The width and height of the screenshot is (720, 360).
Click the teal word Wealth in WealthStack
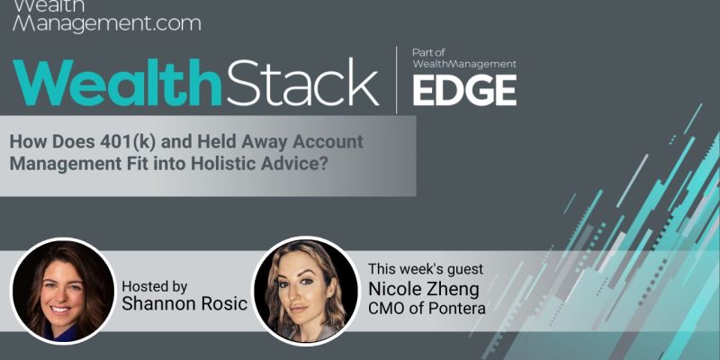tap(117, 83)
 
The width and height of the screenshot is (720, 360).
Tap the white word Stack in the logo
tap(301, 83)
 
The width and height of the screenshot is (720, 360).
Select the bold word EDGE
tap(464, 90)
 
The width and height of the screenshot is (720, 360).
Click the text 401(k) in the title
tap(124, 142)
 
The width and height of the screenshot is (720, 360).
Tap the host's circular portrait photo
tap(63, 292)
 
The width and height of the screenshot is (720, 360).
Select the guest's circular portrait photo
tap(306, 291)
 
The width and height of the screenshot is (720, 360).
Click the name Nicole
tap(394, 289)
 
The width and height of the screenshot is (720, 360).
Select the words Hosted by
tap(154, 287)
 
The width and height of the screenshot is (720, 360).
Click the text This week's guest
tap(426, 269)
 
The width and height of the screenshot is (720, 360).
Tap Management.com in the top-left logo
tap(107, 23)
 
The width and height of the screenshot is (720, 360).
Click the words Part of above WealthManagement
tap(428, 52)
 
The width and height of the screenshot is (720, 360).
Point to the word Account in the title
tap(328, 142)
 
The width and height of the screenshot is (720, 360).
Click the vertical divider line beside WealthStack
tap(397, 80)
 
